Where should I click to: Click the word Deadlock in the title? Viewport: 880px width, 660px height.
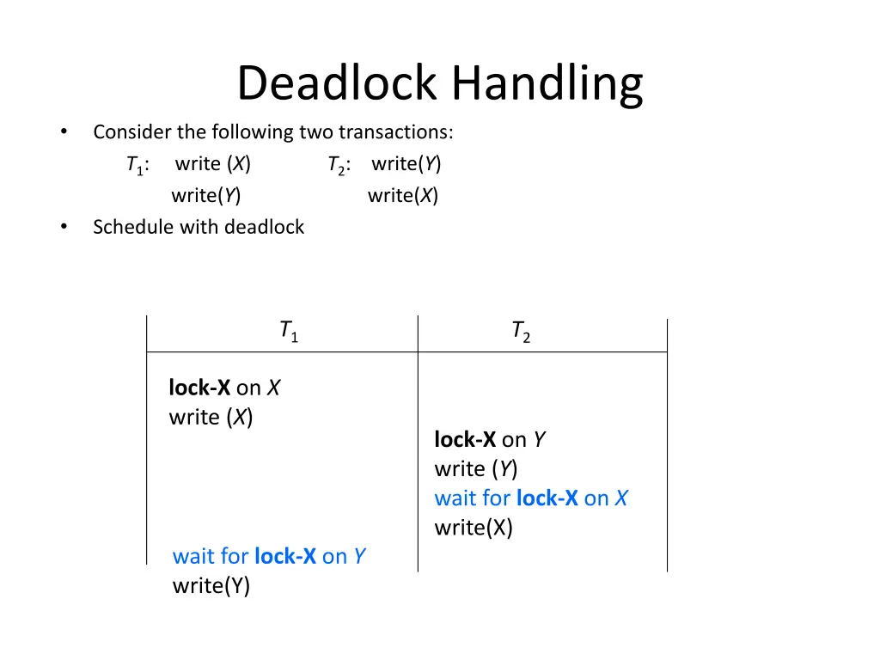pos(339,84)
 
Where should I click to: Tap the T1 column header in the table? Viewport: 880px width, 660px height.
pos(288,332)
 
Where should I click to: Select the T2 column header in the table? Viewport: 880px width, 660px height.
pos(520,332)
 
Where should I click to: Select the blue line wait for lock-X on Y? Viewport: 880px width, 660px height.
pos(269,556)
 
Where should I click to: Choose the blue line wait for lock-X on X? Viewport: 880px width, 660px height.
pos(531,498)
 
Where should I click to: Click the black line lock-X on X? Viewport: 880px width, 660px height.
pos(224,388)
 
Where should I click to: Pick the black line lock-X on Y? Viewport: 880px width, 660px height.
pos(490,440)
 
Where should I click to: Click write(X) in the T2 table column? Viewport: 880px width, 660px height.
pos(474,528)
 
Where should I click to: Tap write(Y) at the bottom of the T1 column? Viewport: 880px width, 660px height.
pos(211,586)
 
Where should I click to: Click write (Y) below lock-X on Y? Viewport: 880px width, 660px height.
pos(476,469)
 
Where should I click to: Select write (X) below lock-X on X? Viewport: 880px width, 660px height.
pos(211,418)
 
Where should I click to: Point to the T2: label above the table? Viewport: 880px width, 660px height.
pos(339,165)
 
